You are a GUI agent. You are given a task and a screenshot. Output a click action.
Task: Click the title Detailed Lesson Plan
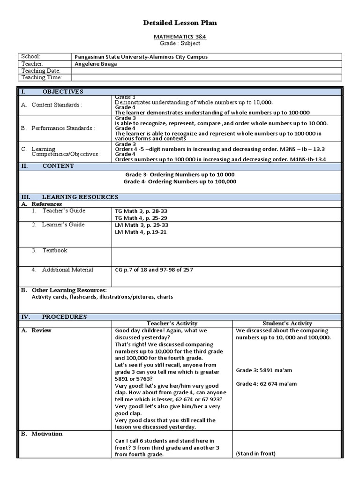(x=180, y=22)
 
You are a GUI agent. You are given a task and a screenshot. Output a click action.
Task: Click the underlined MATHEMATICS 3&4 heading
(x=180, y=36)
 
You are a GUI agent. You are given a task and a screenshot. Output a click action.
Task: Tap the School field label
(x=30, y=56)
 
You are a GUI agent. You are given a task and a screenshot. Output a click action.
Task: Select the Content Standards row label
(x=57, y=105)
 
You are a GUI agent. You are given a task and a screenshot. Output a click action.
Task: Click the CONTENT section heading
(x=58, y=166)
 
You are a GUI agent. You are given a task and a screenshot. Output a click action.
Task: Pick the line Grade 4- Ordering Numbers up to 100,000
(x=180, y=181)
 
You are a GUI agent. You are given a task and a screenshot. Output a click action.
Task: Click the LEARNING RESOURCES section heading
(x=80, y=197)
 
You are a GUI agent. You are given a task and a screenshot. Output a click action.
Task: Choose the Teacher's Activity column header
(x=172, y=323)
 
